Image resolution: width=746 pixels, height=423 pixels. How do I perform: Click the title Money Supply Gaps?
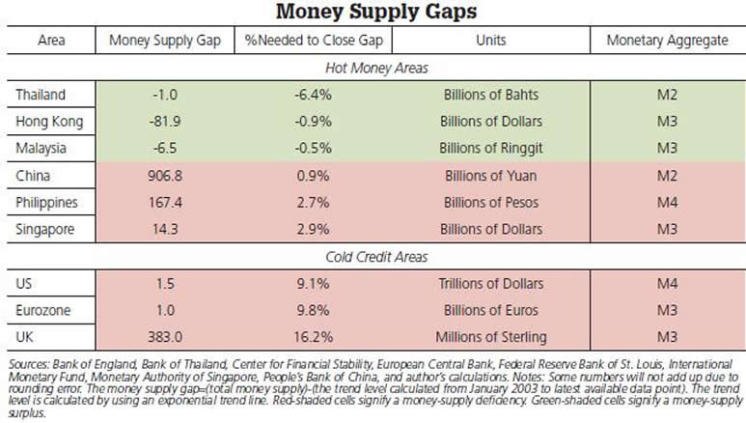coord(372,13)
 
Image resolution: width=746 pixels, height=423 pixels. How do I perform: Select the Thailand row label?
coord(41,95)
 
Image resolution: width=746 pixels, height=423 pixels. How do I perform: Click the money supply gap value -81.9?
coord(166,122)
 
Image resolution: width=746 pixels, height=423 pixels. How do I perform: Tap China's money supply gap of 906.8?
coord(166,177)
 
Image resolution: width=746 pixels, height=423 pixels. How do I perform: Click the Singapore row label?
coord(45,231)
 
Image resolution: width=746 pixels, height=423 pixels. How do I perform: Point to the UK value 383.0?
coord(166,337)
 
